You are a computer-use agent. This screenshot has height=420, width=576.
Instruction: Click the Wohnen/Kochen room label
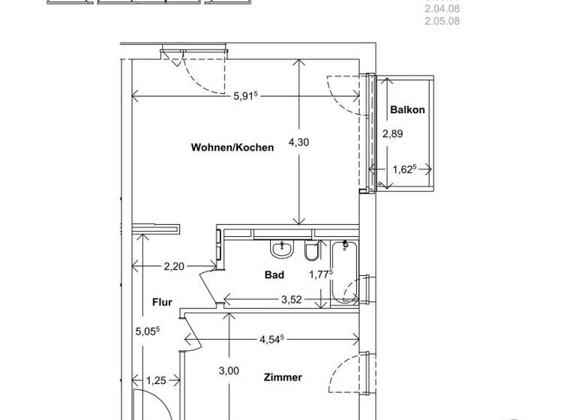click(x=232, y=148)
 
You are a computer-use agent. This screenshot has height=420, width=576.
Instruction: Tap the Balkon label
click(x=407, y=109)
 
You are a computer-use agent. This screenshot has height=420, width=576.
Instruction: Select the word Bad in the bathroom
click(x=274, y=275)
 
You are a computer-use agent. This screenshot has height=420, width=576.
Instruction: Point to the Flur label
click(x=162, y=302)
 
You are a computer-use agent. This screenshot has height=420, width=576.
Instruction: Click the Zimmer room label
click(x=283, y=377)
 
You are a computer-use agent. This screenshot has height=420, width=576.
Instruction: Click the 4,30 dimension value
click(x=298, y=142)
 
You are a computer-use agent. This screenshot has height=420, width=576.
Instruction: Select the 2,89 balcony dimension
click(x=393, y=134)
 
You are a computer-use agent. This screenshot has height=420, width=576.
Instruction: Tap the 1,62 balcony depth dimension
click(x=404, y=169)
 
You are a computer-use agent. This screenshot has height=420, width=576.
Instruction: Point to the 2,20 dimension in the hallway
click(x=175, y=265)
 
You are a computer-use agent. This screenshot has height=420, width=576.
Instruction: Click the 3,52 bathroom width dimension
click(x=291, y=300)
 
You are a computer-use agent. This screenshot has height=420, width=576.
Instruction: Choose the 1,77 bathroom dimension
click(x=320, y=274)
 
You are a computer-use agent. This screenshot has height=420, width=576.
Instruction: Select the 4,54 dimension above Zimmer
click(x=272, y=339)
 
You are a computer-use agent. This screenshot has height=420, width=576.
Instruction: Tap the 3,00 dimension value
click(x=229, y=370)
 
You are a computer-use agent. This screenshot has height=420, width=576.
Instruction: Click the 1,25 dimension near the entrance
click(x=156, y=381)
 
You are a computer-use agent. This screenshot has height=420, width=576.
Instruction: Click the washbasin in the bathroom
click(x=283, y=247)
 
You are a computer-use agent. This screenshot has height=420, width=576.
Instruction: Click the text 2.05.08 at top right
click(x=442, y=21)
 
